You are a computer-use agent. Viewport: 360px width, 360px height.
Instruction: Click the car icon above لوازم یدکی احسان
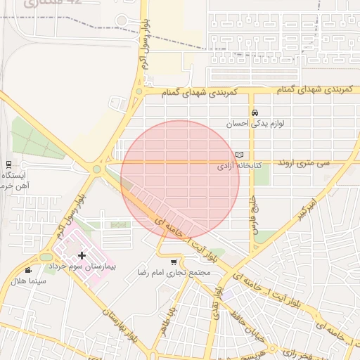pyautogui.click(x=255, y=112)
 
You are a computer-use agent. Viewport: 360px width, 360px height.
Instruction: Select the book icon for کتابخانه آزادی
pyautogui.click(x=240, y=155)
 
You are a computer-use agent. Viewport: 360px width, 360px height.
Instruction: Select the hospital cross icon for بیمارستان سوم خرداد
pyautogui.click(x=82, y=255)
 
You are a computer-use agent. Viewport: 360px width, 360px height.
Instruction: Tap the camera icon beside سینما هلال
pyautogui.click(x=28, y=270)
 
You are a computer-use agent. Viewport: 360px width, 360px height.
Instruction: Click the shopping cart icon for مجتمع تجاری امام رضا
pyautogui.click(x=174, y=262)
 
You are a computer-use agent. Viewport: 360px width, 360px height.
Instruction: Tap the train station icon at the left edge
pyautogui.click(x=8, y=163)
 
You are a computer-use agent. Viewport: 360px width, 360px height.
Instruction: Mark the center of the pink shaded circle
pyautogui.click(x=180, y=179)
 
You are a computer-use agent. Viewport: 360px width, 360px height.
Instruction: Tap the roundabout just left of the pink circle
pyautogui.click(x=97, y=169)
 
